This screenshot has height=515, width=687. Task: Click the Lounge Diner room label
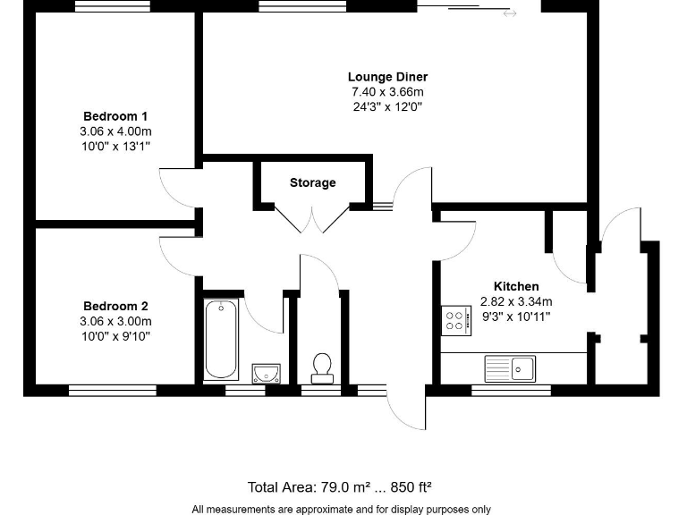click(387, 77)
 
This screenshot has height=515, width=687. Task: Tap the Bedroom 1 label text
click(115, 116)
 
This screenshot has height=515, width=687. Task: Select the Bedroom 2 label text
click(115, 306)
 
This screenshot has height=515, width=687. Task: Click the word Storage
click(312, 182)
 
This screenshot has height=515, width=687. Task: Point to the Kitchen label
click(516, 286)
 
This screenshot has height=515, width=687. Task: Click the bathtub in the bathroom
click(221, 340)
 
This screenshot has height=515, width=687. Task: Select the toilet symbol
click(322, 366)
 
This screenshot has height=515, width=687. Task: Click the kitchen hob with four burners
click(456, 320)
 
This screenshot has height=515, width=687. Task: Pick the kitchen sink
click(509, 367)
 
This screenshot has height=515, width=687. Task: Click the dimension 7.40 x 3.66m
click(387, 92)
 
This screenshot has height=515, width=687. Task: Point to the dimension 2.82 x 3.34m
click(516, 301)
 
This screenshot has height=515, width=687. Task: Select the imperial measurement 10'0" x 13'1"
click(115, 147)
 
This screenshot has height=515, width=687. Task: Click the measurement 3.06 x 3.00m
click(115, 321)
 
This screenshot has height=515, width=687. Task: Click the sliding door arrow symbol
click(510, 13)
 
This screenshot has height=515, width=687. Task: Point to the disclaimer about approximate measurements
click(341, 509)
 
